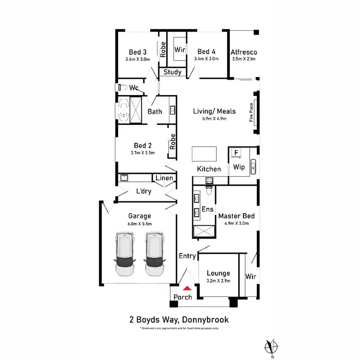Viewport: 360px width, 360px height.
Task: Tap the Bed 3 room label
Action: [138, 52]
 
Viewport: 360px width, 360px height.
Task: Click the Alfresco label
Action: [244, 52]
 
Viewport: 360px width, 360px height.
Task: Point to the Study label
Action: [172, 72]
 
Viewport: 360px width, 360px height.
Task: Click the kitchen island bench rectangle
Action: [204, 154]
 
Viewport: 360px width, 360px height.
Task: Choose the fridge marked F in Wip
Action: [236, 153]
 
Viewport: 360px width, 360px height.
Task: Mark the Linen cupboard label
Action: [164, 179]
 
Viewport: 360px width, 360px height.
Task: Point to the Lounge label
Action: [218, 273]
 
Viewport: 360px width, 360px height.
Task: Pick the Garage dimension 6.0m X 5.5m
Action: [139, 224]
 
